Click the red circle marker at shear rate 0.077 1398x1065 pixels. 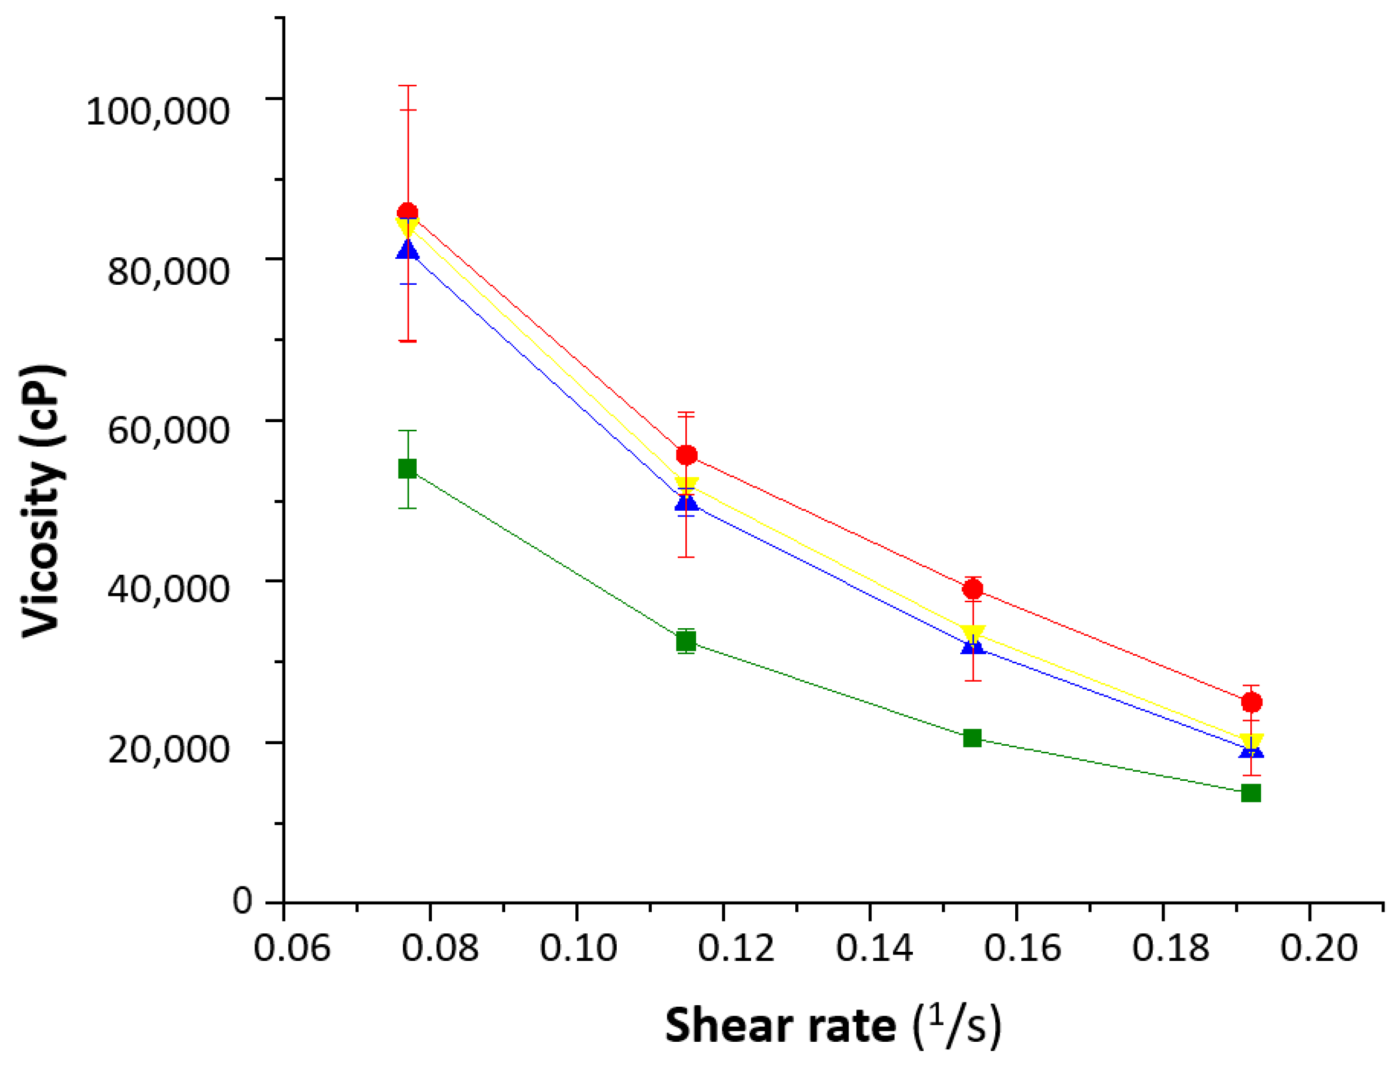(408, 213)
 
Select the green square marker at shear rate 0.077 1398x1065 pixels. (408, 469)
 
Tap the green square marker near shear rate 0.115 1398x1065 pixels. (686, 642)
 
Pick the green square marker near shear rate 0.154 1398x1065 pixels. (972, 738)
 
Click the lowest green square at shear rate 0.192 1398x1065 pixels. (1251, 793)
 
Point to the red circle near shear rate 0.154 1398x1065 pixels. (973, 589)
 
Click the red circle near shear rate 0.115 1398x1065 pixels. (686, 455)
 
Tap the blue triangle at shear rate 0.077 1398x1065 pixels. (408, 250)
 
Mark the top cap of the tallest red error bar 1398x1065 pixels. (408, 86)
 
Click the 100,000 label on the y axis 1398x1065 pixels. (158, 112)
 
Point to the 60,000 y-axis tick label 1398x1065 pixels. (168, 430)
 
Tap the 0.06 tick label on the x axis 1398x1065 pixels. (292, 949)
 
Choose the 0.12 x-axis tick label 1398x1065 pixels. (736, 949)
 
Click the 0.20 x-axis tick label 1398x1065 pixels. (1319, 949)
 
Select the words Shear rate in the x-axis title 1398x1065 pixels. (780, 1026)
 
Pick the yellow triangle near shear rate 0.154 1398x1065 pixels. (973, 634)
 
